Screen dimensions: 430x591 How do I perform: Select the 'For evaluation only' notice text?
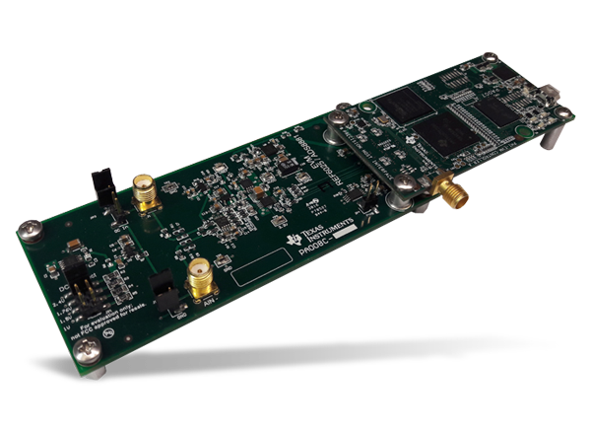click(110, 306)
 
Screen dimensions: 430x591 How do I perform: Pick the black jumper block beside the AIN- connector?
click(164, 293)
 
